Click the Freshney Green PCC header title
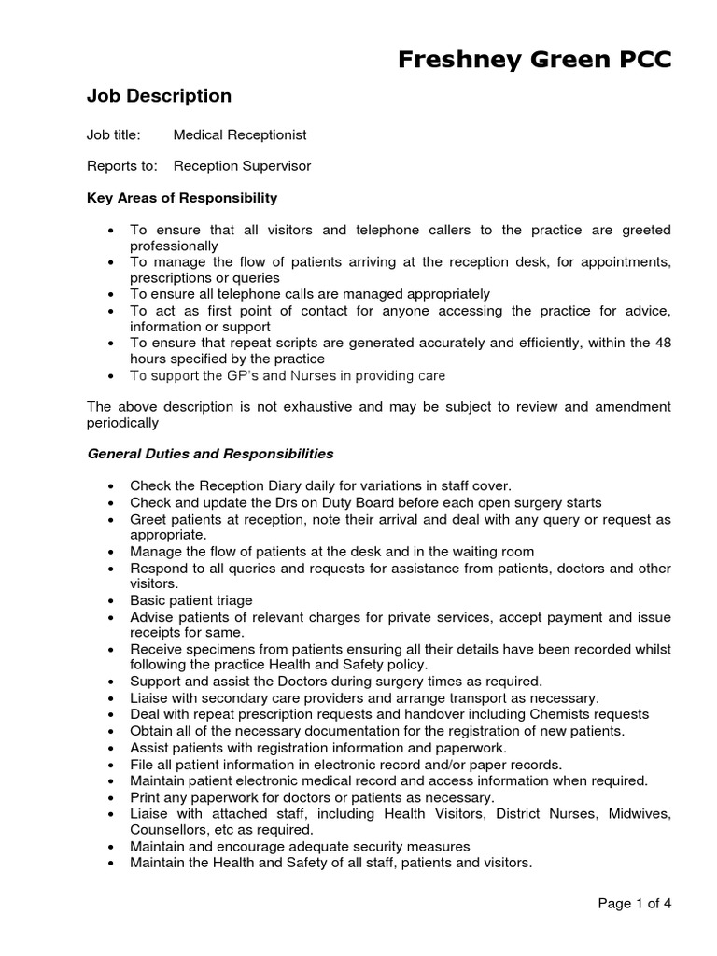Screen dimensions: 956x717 (x=534, y=60)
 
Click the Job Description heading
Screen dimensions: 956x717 (x=159, y=96)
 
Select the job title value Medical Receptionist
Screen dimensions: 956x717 (x=240, y=135)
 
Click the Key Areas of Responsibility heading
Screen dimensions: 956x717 (x=182, y=198)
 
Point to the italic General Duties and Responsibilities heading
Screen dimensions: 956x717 (x=210, y=454)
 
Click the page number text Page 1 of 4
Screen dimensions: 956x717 (x=634, y=903)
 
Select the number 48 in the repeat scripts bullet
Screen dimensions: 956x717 (x=663, y=343)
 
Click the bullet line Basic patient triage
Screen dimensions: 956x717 (x=191, y=600)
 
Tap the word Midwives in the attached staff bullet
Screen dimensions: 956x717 (x=640, y=814)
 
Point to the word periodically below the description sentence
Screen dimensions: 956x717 (x=123, y=422)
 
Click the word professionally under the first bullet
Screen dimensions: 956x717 (x=174, y=246)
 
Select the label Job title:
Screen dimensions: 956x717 (x=114, y=135)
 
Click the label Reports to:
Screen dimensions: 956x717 (x=119, y=166)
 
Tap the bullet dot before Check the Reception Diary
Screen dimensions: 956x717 (x=111, y=486)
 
